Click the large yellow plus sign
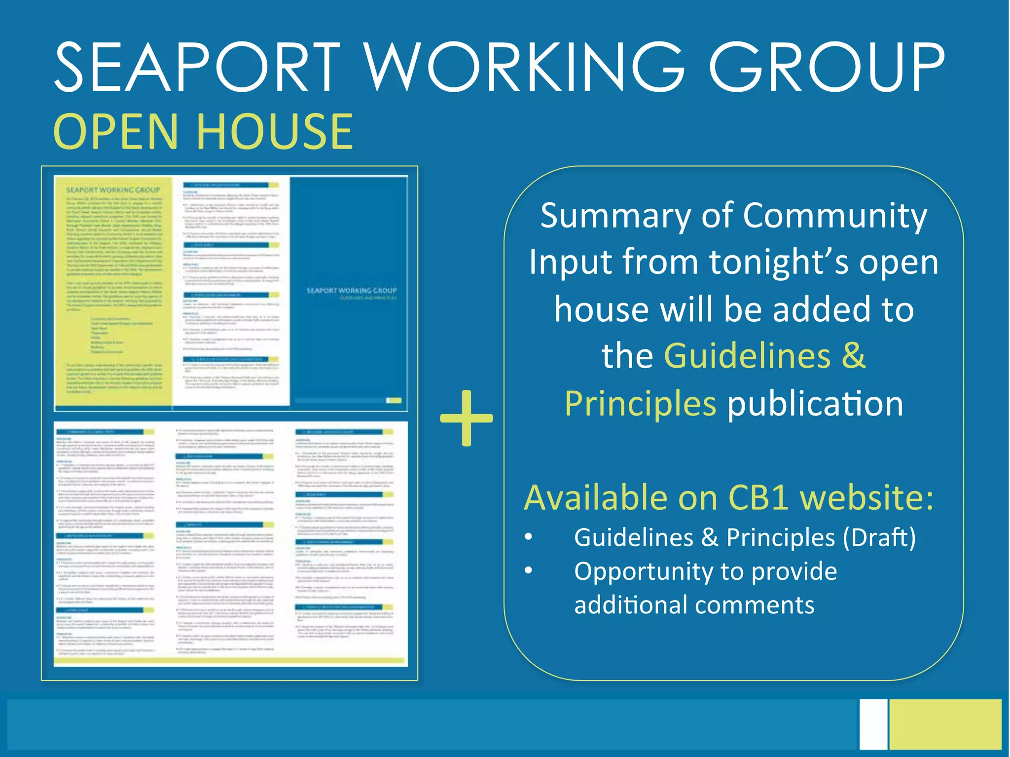pyautogui.click(x=466, y=418)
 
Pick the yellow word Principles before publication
pyautogui.click(x=640, y=404)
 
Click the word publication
pyautogui.click(x=815, y=404)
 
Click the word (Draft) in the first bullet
pyautogui.click(x=879, y=537)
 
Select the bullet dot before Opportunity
pyautogui.click(x=529, y=570)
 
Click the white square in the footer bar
pyautogui.click(x=873, y=723)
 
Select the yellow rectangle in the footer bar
pyautogui.click(x=945, y=723)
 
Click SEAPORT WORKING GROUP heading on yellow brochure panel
pyautogui.click(x=113, y=190)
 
